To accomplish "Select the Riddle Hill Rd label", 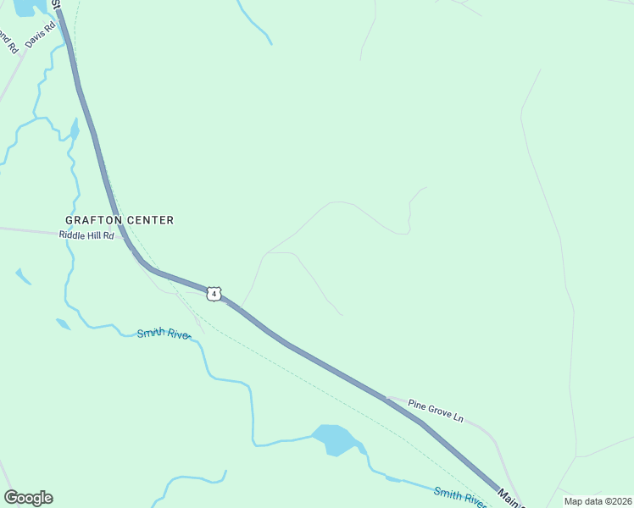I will point(86,235).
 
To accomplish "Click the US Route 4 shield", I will point(215,294).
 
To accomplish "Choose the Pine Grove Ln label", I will point(436,411).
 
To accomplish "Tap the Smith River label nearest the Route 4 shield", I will point(164,334).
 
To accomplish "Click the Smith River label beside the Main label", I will point(460,497).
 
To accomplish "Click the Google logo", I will point(28,498).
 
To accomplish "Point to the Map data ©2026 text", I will point(598,501).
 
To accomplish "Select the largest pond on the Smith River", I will point(336,439).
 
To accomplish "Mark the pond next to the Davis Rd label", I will point(25,8).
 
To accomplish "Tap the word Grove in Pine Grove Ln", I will point(437,411).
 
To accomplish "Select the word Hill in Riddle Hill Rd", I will point(96,235).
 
